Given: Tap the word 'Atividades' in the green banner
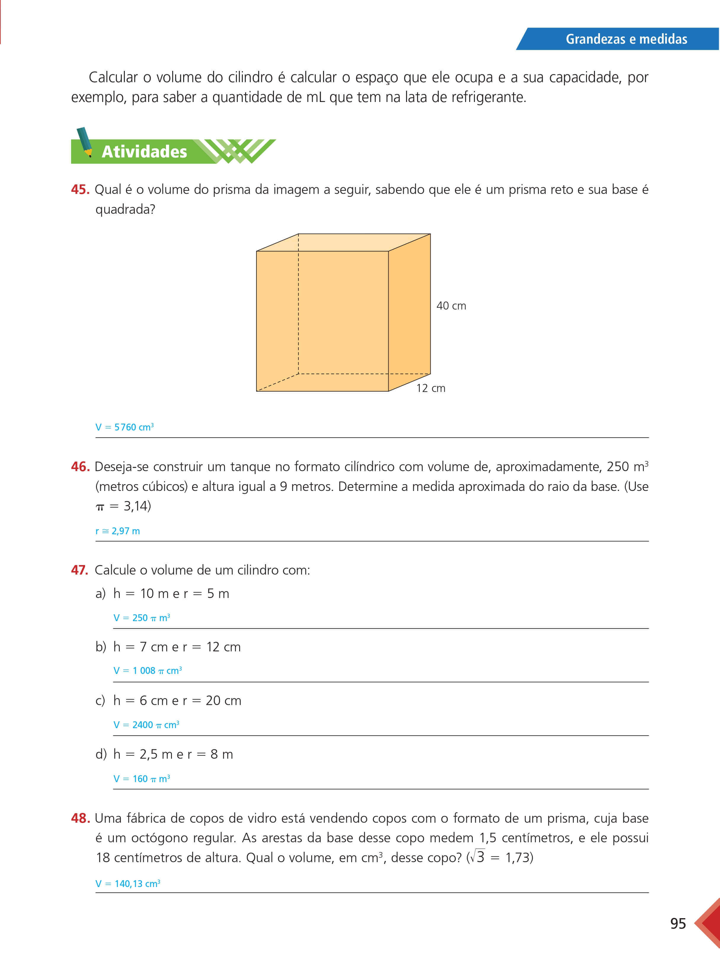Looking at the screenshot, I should coord(144,152).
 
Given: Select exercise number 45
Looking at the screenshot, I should coord(80,190).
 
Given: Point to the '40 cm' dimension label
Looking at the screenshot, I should coord(451,306).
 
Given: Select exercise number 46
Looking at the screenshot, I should coord(80,467).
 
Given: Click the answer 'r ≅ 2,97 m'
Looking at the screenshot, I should coord(118,531).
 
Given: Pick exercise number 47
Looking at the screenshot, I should coord(80,570).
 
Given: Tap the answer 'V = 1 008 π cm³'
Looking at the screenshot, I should coord(147,671).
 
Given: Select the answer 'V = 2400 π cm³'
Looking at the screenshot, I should coord(146,725).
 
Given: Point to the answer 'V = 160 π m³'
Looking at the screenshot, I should coord(142,779).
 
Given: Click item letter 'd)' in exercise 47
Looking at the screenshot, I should coord(101,755).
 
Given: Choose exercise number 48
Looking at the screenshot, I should coord(80,818).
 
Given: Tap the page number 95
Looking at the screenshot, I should coord(678,923).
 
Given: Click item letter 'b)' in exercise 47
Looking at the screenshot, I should coord(101,647).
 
